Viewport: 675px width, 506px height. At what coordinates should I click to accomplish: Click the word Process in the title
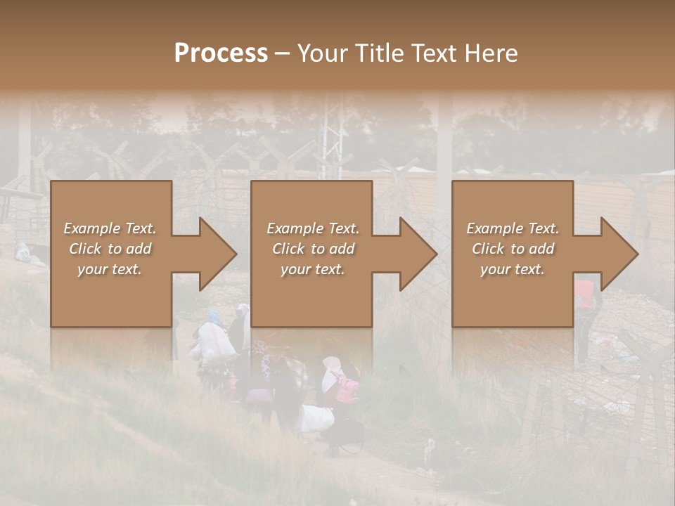[221, 53]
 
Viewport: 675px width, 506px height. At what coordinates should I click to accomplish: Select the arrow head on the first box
[215, 254]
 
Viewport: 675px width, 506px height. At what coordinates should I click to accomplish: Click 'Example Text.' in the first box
[110, 228]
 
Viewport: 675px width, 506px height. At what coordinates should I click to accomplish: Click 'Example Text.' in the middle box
[312, 228]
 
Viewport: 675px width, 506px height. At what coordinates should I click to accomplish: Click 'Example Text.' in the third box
[513, 228]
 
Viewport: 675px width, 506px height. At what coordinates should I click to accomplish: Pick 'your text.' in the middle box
[312, 269]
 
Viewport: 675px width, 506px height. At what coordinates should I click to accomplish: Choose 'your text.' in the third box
[513, 269]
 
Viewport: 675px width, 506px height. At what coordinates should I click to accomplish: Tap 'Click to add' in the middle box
[312, 249]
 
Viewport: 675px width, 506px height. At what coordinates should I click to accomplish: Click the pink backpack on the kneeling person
[346, 389]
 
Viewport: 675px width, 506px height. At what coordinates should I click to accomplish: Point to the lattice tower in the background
[332, 144]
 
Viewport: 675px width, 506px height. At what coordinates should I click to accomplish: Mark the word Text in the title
[438, 53]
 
